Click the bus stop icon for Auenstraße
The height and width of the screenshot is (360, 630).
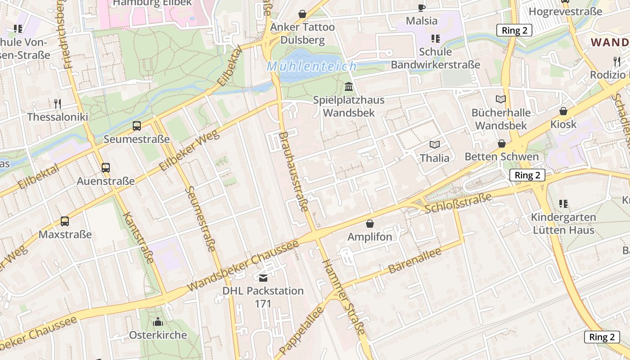(106, 168)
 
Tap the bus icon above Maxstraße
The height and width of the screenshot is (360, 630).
(65, 221)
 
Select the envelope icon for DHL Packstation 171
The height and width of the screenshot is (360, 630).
(263, 278)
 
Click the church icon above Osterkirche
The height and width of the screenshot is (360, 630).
(158, 322)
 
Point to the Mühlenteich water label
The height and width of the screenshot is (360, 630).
(312, 67)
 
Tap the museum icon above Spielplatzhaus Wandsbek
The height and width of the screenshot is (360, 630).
(349, 86)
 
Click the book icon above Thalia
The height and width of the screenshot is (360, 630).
(434, 144)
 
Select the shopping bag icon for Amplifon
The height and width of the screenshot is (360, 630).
(370, 224)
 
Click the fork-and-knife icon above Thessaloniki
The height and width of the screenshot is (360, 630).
(58, 104)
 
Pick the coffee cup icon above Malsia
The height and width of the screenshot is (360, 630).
(421, 8)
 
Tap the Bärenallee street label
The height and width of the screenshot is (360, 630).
(414, 261)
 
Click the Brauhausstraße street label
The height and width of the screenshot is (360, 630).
(293, 171)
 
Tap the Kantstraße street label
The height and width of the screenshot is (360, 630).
(138, 237)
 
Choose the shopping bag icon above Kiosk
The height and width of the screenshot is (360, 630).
(563, 111)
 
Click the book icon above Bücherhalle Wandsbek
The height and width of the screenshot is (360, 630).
(500, 99)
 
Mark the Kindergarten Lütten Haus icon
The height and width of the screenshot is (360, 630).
(563, 204)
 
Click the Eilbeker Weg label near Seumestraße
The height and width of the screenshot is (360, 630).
(189, 150)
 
